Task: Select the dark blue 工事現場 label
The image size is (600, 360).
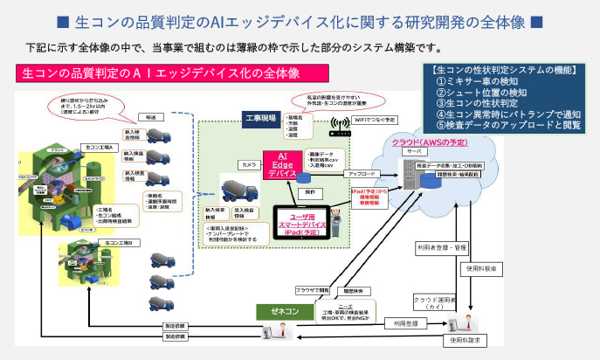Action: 259,117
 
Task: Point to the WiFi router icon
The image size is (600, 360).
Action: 338,132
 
